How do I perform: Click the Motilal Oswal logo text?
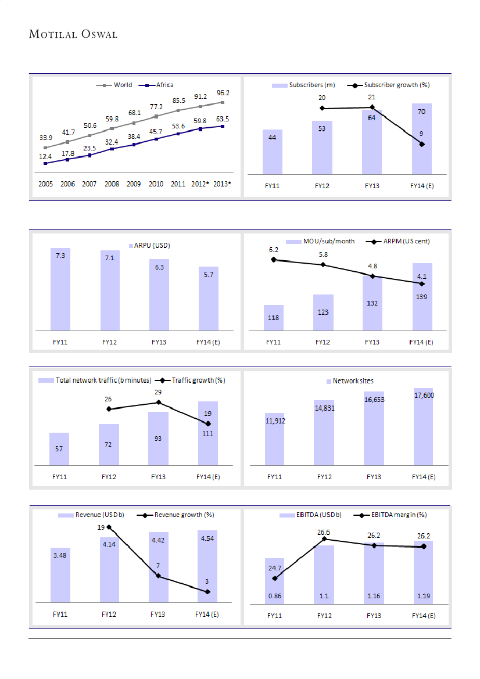click(73, 34)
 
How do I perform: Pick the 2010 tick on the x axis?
click(156, 184)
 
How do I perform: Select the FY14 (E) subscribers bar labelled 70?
click(422, 139)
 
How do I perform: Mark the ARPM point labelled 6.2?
click(274, 260)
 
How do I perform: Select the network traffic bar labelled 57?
click(59, 449)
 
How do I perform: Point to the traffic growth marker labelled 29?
click(159, 403)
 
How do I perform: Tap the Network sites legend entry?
click(353, 381)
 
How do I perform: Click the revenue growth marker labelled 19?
click(109, 527)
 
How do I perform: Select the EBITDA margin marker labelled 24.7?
click(275, 578)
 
